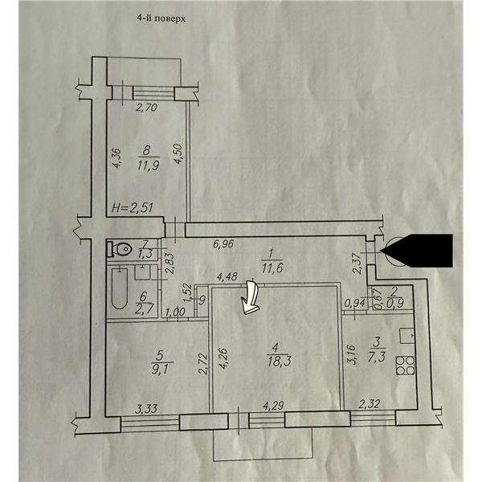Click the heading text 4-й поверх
tap(161, 19)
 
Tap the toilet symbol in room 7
tap(119, 248)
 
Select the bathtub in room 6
tap(120, 288)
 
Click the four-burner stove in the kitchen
tap(405, 366)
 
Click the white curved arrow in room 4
tap(251, 299)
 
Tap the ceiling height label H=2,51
tap(133, 208)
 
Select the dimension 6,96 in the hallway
tap(224, 244)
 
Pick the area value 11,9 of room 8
tap(148, 166)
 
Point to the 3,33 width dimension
tap(146, 409)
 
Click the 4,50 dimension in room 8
tap(179, 154)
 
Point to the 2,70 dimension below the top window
tap(147, 108)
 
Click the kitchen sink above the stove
tap(407, 336)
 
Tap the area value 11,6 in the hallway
tap(271, 268)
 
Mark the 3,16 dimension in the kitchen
tap(353, 354)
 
